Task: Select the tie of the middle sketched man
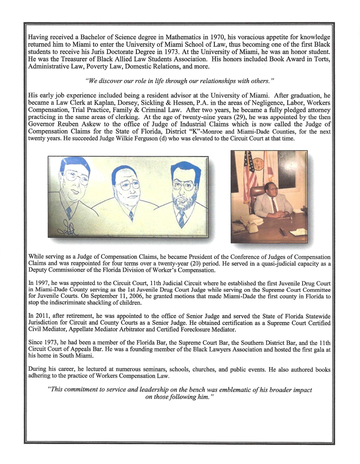(131, 216)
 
